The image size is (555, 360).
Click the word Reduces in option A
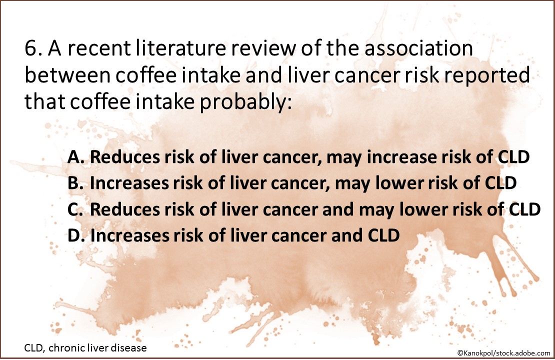(x=121, y=157)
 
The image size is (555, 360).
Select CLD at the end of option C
(x=524, y=209)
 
